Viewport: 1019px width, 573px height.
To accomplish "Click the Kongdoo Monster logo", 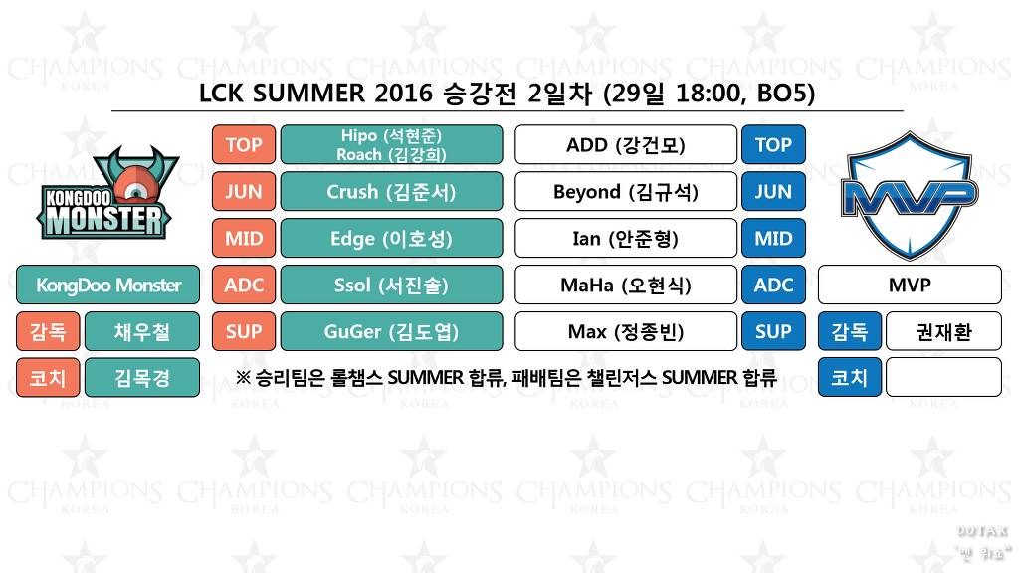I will [107, 194].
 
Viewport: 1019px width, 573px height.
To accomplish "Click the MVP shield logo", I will [909, 194].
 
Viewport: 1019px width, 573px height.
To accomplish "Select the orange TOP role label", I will [243, 144].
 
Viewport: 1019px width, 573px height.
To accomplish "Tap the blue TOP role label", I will [773, 144].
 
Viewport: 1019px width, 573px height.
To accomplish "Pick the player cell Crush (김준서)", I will [391, 191].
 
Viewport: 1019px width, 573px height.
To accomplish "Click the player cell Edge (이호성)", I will [391, 238].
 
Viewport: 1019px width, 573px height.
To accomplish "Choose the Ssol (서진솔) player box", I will [391, 285].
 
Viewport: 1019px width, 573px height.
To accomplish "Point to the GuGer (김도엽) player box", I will [391, 331].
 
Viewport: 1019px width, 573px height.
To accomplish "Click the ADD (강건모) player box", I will [625, 144].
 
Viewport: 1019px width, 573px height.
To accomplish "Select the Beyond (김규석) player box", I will [625, 191].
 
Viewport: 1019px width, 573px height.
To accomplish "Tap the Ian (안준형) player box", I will [625, 238].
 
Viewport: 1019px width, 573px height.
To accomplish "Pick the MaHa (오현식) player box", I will [625, 285].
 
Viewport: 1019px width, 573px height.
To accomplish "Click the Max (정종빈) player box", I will [625, 331].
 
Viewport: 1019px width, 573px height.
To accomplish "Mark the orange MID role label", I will [243, 238].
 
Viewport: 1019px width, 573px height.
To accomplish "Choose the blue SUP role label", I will [773, 331].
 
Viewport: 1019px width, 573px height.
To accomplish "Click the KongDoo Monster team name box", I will [107, 285].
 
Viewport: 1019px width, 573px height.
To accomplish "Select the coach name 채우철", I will [141, 331].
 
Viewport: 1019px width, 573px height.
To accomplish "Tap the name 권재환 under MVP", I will [942, 331].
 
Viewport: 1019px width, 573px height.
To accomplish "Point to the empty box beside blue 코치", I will [942, 378].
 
